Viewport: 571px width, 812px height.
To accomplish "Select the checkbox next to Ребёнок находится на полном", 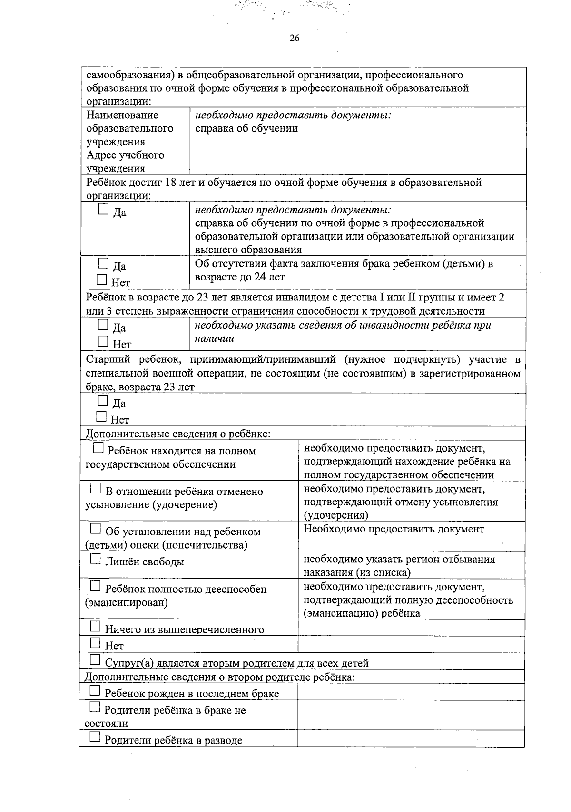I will click(98, 448).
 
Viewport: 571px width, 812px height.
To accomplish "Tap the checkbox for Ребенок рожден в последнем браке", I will click(95, 690).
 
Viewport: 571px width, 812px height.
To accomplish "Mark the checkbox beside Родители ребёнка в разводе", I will click(95, 737).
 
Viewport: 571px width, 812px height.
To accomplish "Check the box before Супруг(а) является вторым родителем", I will click(95, 659).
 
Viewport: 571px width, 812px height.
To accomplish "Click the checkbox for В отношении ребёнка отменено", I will click(96, 488).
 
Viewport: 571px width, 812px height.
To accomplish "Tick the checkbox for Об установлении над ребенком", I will click(96, 529).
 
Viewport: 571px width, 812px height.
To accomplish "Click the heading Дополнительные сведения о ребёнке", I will click(177, 434).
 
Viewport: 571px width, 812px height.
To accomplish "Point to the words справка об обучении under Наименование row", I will click(246, 128).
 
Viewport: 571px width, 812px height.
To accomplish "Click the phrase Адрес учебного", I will click(125, 155).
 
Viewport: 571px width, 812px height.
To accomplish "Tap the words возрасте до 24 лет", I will click(240, 277).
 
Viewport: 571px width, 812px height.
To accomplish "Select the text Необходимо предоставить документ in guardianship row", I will click(394, 529).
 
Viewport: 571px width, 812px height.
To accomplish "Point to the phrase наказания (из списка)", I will click(357, 572).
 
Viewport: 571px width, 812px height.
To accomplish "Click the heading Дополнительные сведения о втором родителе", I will click(219, 677).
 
